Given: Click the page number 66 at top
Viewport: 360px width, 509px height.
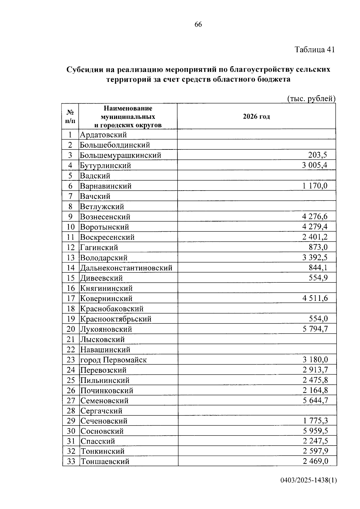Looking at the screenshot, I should tap(198, 25).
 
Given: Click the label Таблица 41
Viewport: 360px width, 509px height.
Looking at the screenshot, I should tap(314, 50).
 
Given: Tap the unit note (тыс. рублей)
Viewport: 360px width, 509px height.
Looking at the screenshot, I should tap(311, 99).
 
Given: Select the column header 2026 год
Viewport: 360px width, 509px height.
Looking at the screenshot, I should tap(256, 116).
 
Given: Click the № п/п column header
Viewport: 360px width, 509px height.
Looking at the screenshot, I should tap(70, 116).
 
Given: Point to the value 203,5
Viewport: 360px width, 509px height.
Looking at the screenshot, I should tap(317, 155).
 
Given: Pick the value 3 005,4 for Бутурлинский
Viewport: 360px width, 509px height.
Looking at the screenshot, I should tap(314, 165).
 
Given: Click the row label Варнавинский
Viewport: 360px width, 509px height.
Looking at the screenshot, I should tap(106, 186).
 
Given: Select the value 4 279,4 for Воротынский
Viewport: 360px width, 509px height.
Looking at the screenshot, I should tap(314, 227).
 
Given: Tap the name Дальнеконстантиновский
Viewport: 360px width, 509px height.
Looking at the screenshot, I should tap(126, 268).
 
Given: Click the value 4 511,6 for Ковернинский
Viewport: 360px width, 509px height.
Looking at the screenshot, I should tap(315, 298).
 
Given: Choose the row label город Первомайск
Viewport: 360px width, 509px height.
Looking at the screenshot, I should tap(113, 360).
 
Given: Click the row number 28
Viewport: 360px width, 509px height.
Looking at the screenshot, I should tap(71, 411).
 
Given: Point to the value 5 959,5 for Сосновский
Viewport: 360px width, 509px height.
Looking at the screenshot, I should tap(315, 431).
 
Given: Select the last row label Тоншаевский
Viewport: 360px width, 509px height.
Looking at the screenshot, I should tap(105, 462).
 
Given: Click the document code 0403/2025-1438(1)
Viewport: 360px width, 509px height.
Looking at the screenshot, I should tap(308, 480).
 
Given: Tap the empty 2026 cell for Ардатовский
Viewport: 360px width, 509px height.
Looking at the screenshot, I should tap(256, 134).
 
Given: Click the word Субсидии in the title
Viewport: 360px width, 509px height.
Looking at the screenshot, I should tap(85, 70).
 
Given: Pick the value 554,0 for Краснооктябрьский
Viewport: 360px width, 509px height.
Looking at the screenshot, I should tap(318, 319).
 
